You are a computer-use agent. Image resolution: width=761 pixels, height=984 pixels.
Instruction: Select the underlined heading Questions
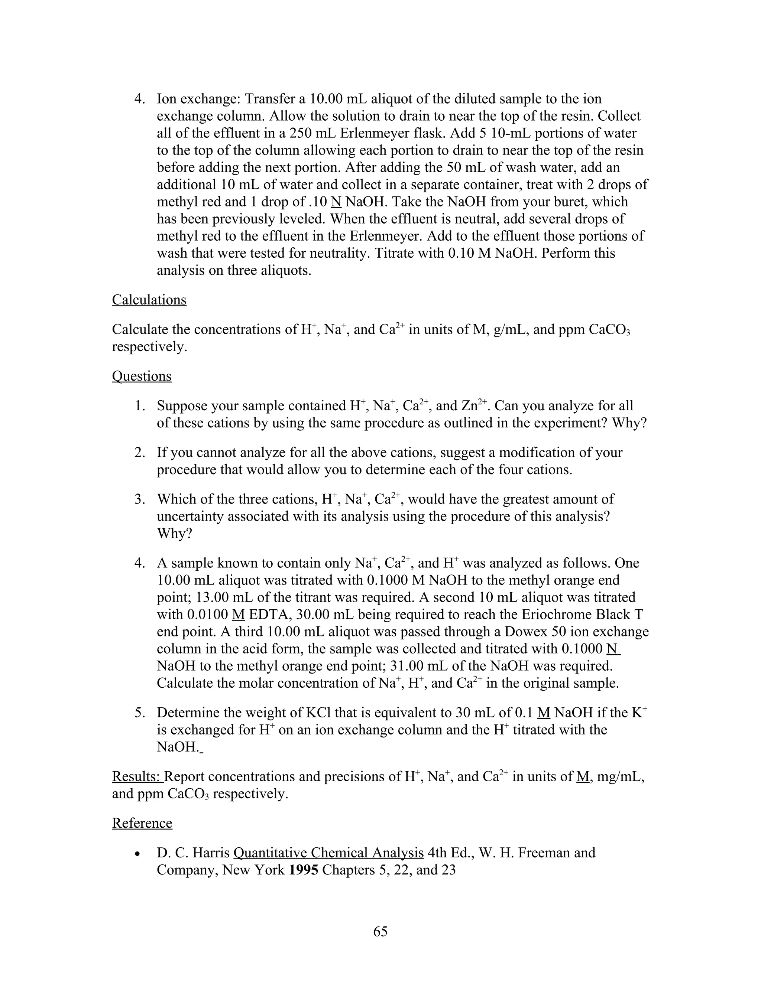pyautogui.click(x=142, y=376)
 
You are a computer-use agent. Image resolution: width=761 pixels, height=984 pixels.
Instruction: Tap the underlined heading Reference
pyautogui.click(x=142, y=823)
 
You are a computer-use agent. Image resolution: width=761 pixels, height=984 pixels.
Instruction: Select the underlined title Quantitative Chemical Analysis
pyautogui.click(x=328, y=853)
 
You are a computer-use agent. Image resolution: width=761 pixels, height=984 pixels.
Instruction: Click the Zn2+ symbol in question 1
pyautogui.click(x=474, y=406)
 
